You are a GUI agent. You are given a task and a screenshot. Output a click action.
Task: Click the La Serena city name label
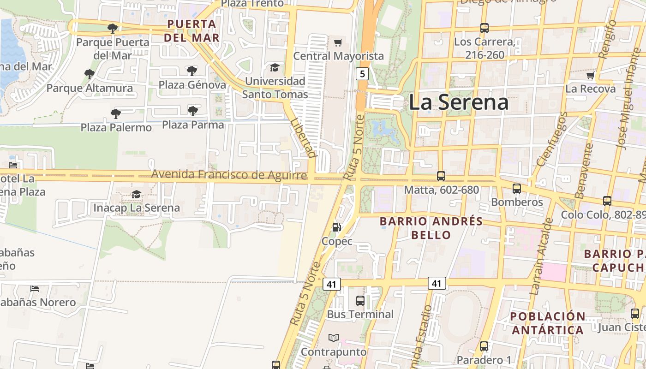(x=459, y=102)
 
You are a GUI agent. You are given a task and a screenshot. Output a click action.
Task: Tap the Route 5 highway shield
(x=362, y=73)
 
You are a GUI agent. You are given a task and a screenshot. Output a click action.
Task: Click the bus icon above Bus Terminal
(x=360, y=301)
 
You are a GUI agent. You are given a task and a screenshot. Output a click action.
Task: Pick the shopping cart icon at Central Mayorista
(x=338, y=43)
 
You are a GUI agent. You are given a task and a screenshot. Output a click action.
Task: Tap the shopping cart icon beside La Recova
(x=590, y=75)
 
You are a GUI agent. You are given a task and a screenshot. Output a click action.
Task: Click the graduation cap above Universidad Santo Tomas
(x=275, y=67)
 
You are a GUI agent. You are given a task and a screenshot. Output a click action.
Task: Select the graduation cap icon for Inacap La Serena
(x=136, y=194)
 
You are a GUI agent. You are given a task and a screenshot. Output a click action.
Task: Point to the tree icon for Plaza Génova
(x=192, y=71)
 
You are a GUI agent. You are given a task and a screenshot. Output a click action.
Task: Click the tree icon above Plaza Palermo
(x=116, y=113)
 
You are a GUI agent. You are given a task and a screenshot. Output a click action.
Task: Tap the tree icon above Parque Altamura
(x=90, y=74)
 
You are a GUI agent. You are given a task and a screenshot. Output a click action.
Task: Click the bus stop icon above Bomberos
(x=516, y=188)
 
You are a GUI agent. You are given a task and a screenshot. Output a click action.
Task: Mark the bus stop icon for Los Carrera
(x=484, y=28)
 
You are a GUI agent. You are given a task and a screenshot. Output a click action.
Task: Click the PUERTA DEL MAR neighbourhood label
(x=191, y=30)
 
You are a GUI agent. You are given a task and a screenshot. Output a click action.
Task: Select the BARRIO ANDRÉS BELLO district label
(x=431, y=228)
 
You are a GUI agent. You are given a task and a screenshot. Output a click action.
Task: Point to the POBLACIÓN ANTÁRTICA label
(x=548, y=323)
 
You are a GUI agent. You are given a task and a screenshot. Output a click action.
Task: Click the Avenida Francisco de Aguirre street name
(x=229, y=174)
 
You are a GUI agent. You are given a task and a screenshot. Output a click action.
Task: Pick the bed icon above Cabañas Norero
(x=35, y=289)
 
